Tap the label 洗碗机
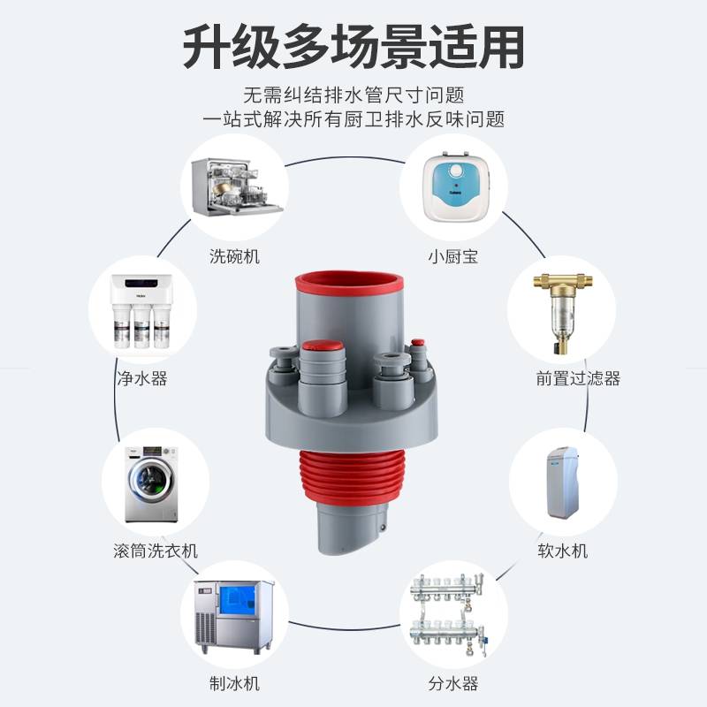point(235,257)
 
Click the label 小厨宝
point(452,257)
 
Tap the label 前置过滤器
point(578,378)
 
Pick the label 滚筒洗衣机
point(156,551)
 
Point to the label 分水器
point(452,683)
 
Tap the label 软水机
point(563,551)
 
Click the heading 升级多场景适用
point(353,46)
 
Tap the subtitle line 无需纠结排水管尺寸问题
point(353,95)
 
